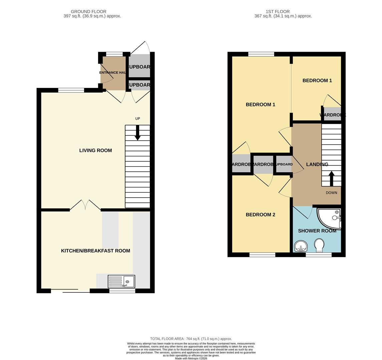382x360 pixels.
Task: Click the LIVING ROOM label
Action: click(x=95, y=151)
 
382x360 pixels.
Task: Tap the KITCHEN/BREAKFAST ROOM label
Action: click(x=95, y=251)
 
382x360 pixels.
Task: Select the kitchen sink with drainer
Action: click(x=121, y=281)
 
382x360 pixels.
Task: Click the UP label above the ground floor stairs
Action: click(x=137, y=119)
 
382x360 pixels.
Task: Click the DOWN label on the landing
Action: click(x=331, y=193)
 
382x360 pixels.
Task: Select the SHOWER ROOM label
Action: click(x=317, y=231)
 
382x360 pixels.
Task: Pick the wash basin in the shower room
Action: click(x=301, y=247)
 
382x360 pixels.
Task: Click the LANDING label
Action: click(x=317, y=165)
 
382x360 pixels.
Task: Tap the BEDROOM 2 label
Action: click(x=260, y=215)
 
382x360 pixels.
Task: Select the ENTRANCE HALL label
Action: click(x=113, y=73)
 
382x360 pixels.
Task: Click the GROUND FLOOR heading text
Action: click(x=88, y=12)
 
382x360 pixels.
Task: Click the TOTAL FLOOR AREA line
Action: click(x=191, y=339)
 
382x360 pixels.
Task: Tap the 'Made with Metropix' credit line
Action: click(x=191, y=359)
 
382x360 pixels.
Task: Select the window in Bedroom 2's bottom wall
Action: click(x=262, y=255)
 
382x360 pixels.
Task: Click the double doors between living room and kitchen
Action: click(x=85, y=205)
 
